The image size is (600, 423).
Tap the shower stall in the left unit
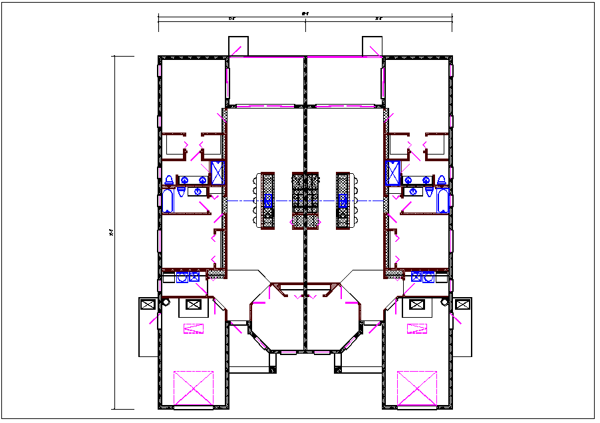(218, 173)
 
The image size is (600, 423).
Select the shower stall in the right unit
(392, 173)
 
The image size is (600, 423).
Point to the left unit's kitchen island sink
(269, 201)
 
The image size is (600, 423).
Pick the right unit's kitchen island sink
(343, 201)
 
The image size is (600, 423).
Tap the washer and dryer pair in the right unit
(422, 277)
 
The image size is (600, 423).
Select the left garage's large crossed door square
(194, 388)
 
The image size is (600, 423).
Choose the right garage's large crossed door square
(417, 388)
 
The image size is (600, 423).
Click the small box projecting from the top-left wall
(238, 47)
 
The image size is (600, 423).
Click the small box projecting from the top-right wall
(372, 47)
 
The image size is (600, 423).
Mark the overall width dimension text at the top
(305, 12)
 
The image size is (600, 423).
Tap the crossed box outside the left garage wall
(148, 304)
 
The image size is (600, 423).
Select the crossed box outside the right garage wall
(462, 304)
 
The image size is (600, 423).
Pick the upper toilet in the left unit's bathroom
(170, 180)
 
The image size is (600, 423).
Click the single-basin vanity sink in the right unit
(412, 192)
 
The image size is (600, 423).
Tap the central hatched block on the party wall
(305, 201)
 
